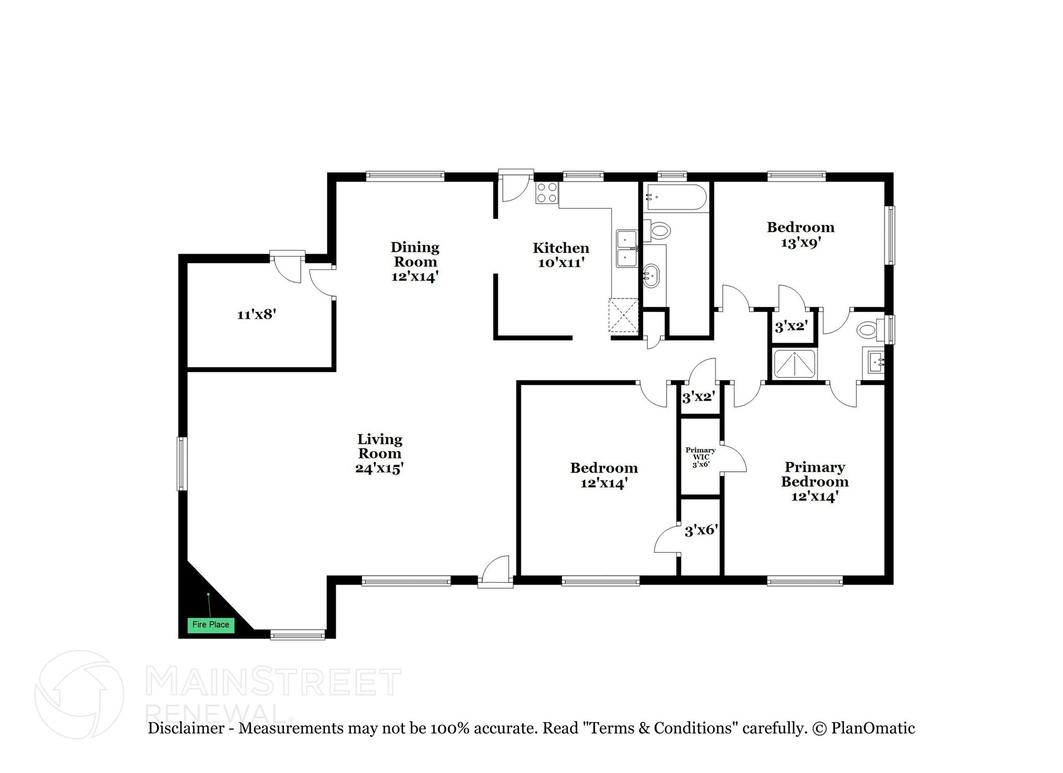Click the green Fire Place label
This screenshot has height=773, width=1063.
coord(211,625)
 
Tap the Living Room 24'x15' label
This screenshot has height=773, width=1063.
coord(379,454)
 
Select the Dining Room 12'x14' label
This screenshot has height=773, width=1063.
coord(415,262)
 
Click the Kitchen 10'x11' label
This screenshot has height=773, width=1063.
coord(561,255)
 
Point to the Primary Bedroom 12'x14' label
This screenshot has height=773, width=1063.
coord(814,482)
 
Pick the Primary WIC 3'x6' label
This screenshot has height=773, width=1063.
coord(701,457)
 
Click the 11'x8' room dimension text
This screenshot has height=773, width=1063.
coord(256,315)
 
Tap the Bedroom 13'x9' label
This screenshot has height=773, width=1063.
coord(800,235)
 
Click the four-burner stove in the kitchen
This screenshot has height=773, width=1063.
coord(547,193)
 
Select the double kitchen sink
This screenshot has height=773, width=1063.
coord(627,248)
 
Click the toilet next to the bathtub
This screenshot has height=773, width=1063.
coord(657,229)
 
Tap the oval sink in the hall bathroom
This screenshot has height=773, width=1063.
coord(651,277)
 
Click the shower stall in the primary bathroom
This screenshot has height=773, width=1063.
coord(795,364)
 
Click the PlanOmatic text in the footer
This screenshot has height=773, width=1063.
coord(873,728)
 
